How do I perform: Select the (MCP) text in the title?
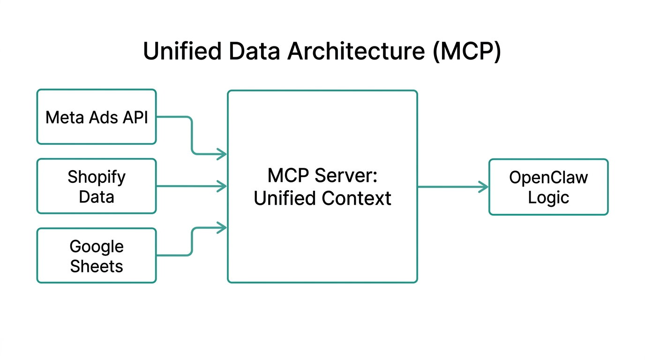[x=467, y=51]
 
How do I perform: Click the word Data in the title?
[x=254, y=51]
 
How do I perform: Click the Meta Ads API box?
[x=97, y=131]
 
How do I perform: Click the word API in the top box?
[x=135, y=117]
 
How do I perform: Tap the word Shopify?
[x=97, y=177]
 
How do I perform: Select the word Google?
[x=97, y=247]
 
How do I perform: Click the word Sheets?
[x=97, y=266]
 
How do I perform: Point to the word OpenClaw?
[x=548, y=178]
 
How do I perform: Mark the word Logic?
[x=548, y=197]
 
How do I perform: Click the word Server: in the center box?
[x=349, y=176]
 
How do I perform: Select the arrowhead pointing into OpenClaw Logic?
[x=483, y=187]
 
